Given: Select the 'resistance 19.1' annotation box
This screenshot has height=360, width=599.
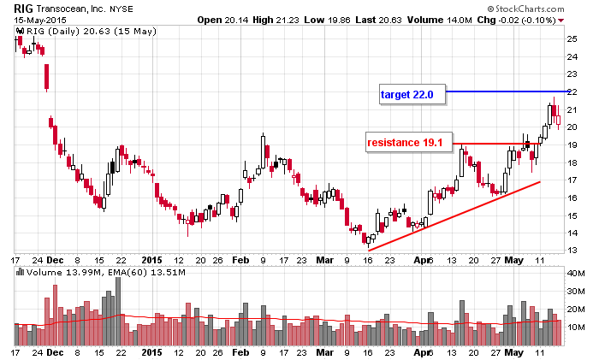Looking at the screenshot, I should [405, 143].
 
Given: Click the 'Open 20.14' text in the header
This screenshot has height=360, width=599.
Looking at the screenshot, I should [220, 19].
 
